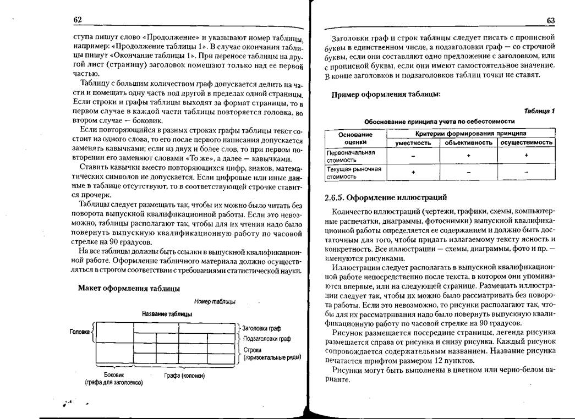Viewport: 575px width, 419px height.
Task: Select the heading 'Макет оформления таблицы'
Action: (x=129, y=288)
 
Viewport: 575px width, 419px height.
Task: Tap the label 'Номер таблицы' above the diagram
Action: (x=215, y=301)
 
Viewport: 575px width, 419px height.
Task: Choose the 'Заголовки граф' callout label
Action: (x=261, y=328)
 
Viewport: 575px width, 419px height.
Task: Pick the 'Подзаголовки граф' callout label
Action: (x=266, y=339)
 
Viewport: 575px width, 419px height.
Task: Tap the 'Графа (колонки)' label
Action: (x=184, y=376)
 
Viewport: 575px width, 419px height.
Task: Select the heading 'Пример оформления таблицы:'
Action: (x=385, y=94)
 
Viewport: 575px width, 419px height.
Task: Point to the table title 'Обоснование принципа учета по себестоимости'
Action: (x=439, y=121)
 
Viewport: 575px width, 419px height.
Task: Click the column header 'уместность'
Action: (x=413, y=142)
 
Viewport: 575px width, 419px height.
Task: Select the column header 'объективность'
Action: (x=468, y=142)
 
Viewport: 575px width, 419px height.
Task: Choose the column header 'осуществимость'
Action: (x=527, y=142)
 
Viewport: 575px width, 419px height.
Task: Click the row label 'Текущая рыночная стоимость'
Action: (x=354, y=173)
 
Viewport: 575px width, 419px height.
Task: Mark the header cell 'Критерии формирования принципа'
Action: (x=470, y=134)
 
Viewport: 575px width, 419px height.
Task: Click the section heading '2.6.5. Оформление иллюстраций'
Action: (x=386, y=197)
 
